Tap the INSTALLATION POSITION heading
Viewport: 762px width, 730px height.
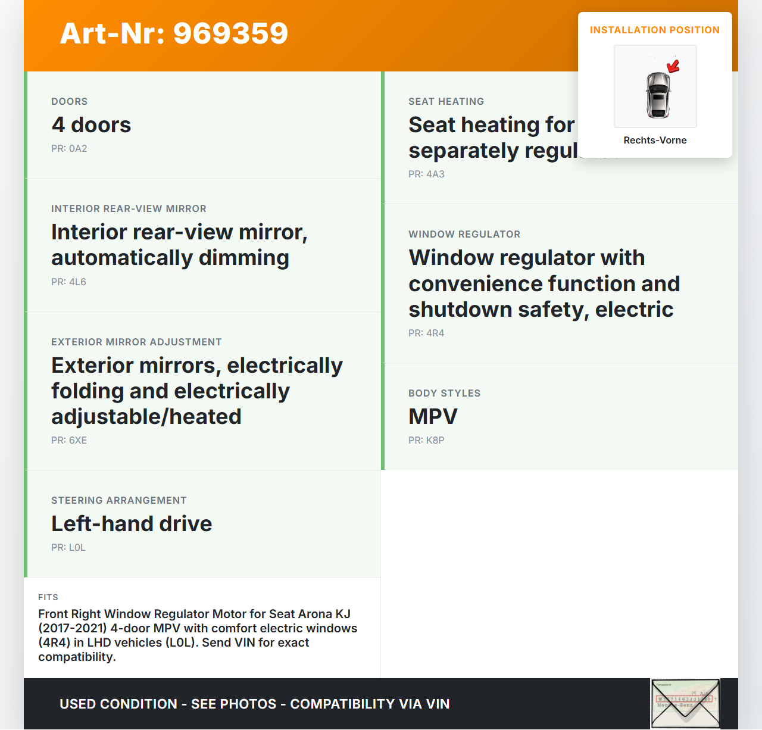tap(655, 30)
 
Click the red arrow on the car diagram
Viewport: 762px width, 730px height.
tap(673, 66)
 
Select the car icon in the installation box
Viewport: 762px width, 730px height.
tap(658, 94)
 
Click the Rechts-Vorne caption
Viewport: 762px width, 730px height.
tap(655, 141)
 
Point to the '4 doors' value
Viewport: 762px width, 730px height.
tap(91, 125)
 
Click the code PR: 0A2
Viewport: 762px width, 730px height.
tap(69, 149)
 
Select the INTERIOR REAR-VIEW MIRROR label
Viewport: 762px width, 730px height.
tap(129, 209)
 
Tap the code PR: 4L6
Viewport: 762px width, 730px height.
tap(68, 282)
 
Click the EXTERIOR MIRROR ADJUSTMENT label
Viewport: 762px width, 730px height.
tap(136, 342)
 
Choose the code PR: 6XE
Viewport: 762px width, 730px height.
tap(69, 441)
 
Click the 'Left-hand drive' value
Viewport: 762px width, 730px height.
tap(132, 524)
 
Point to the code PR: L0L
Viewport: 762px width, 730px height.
tap(68, 548)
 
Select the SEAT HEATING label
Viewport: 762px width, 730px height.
tap(446, 102)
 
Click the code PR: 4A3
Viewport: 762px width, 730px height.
tap(426, 174)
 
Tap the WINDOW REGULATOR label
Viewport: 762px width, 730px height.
tap(464, 235)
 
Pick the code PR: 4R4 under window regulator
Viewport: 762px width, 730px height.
tap(426, 333)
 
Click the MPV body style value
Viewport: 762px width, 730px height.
tap(433, 417)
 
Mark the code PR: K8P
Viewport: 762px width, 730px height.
tap(426, 441)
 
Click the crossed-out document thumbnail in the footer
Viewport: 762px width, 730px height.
tap(685, 703)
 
